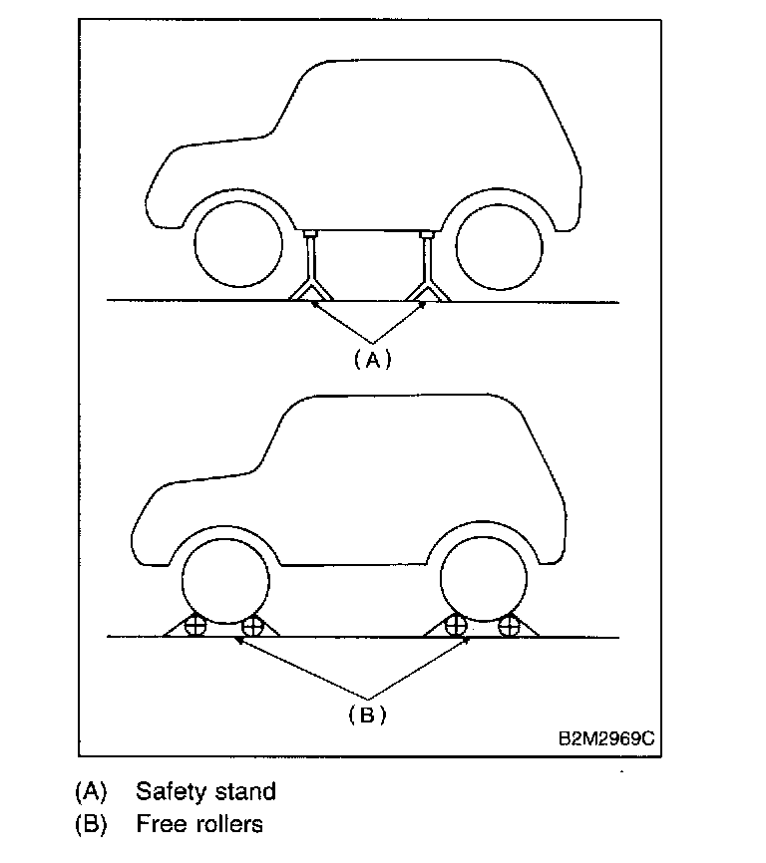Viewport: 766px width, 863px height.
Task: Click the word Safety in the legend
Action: tap(171, 792)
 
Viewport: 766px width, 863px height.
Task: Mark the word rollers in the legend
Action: tap(228, 824)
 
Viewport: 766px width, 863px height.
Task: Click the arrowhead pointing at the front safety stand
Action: tap(315, 305)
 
